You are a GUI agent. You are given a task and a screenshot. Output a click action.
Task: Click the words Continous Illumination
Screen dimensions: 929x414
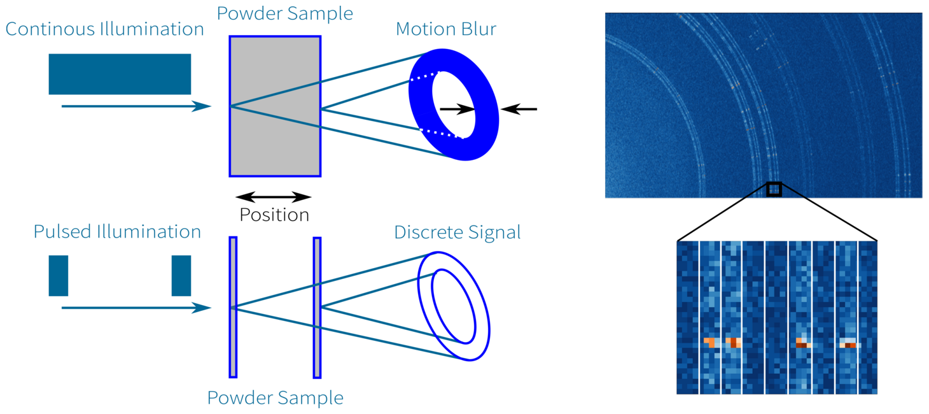[104, 29]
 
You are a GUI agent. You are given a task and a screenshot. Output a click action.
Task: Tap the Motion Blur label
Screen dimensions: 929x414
[446, 29]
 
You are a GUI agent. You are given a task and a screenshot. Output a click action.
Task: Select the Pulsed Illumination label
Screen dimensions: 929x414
[117, 232]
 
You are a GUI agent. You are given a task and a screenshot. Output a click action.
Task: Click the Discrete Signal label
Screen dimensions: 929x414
[457, 232]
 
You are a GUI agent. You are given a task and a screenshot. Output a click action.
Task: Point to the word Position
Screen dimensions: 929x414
[274, 215]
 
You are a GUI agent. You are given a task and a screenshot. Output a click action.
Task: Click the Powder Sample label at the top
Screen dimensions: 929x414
[284, 13]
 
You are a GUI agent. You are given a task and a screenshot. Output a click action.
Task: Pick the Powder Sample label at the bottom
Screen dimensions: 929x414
[276, 398]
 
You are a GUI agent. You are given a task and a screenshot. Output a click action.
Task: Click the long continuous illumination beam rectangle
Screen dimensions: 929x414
[120, 74]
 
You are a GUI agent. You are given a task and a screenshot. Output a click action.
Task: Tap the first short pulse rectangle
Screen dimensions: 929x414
[59, 276]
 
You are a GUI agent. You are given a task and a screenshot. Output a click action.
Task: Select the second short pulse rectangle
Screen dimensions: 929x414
[181, 276]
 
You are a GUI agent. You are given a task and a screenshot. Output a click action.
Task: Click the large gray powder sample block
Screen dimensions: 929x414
[275, 106]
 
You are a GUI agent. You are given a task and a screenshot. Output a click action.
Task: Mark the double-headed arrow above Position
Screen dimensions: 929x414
[274, 197]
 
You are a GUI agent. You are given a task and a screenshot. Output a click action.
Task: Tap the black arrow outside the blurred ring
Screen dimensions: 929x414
[519, 109]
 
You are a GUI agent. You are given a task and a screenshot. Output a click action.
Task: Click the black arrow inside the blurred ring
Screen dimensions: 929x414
[457, 109]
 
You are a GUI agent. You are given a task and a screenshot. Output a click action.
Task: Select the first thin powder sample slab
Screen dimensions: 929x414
[233, 307]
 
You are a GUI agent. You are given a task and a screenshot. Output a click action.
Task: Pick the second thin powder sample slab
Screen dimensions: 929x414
[318, 308]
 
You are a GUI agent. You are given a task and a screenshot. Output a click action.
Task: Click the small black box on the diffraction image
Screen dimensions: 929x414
[774, 189]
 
